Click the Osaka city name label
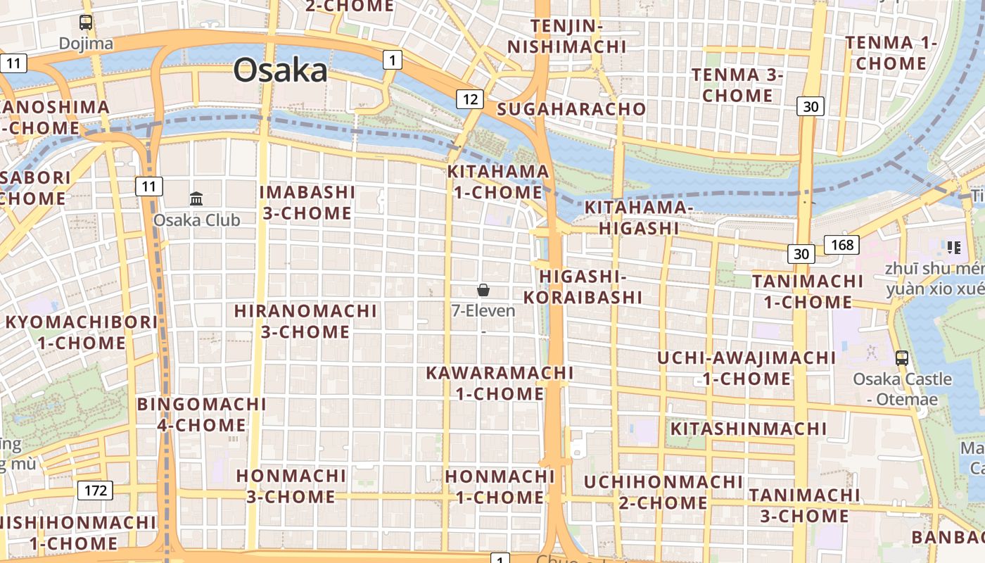pyautogui.click(x=280, y=70)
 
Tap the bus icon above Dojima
pyautogui.click(x=86, y=23)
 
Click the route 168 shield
pyautogui.click(x=841, y=244)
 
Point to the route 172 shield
pyautogui.click(x=95, y=490)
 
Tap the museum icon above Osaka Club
pyautogui.click(x=196, y=198)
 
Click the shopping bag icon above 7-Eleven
pyautogui.click(x=483, y=289)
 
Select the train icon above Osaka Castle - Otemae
pyautogui.click(x=902, y=358)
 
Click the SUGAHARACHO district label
pyautogui.click(x=571, y=109)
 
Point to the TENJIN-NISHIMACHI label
pyautogui.click(x=567, y=37)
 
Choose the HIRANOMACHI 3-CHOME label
pyautogui.click(x=305, y=321)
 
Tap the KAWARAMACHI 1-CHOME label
pyautogui.click(x=500, y=383)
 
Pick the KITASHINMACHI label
pyautogui.click(x=749, y=429)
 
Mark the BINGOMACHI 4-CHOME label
pyautogui.click(x=202, y=415)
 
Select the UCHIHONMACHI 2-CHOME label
pyautogui.click(x=663, y=492)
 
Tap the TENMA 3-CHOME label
pyautogui.click(x=737, y=84)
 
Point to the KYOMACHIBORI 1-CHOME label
pyautogui.click(x=82, y=332)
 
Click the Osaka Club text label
pyautogui.click(x=196, y=220)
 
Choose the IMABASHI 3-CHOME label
pyautogui.click(x=307, y=202)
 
